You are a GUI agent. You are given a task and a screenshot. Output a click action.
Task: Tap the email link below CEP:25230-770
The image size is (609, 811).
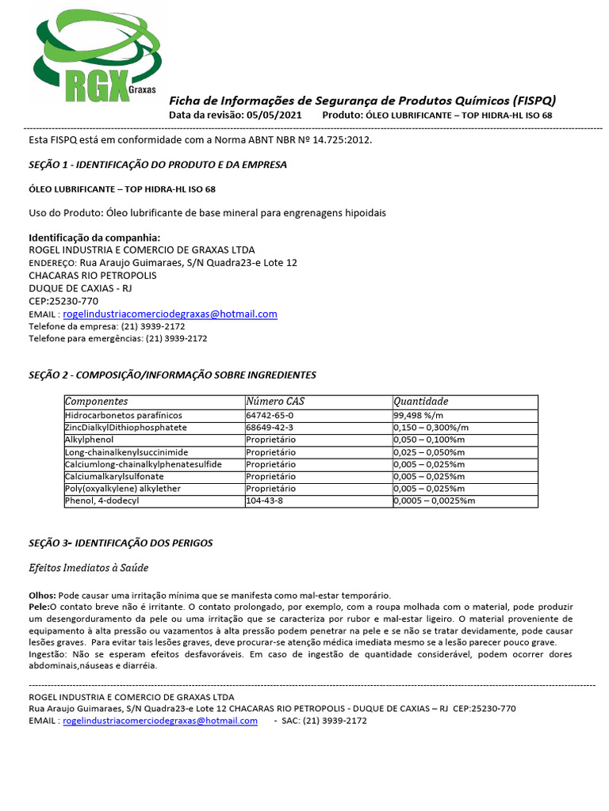pos(170,314)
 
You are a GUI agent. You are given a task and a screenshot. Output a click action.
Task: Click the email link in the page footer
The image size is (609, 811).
pos(159,721)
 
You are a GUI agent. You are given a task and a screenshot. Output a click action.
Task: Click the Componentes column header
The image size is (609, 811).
pos(96,402)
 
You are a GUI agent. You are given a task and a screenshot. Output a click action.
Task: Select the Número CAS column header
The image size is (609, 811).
pos(275,402)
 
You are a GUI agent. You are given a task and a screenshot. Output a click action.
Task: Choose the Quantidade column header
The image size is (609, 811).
pos(421,402)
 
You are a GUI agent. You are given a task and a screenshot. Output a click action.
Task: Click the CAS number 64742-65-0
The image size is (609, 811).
pos(270,415)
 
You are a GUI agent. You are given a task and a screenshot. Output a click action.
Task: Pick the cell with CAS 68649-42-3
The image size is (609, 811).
pos(270,428)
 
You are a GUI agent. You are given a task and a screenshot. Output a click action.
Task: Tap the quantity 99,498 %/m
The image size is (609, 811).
pos(418,415)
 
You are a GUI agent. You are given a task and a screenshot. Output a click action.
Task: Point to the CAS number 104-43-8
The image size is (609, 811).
pos(264,501)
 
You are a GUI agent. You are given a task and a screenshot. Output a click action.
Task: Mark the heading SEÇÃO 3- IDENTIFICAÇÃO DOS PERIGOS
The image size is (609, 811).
pos(121,543)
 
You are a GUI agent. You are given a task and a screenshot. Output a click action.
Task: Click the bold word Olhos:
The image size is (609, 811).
pos(42,595)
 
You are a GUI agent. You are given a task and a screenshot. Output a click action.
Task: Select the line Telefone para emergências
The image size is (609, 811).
pos(117,338)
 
